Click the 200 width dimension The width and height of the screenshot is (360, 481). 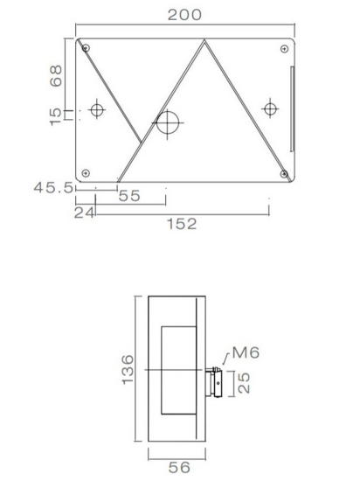[184, 15]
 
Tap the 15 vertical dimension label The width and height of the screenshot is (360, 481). [57, 115]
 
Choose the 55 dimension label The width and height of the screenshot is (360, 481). [129, 197]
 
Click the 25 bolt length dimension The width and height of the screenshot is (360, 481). [246, 382]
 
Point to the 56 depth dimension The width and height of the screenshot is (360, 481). [178, 468]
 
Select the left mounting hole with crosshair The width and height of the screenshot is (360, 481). [96, 110]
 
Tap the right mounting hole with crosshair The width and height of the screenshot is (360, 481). [270, 109]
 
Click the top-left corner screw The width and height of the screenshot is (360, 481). [84, 47]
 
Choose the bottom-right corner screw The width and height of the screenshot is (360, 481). [283, 173]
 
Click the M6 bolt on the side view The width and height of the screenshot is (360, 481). [215, 381]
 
